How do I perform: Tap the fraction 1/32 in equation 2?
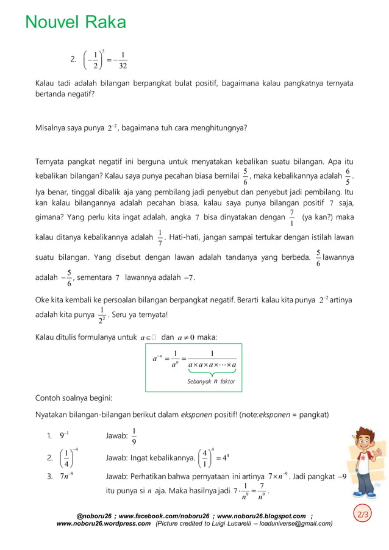tap(123, 60)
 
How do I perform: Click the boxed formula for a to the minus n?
tap(194, 366)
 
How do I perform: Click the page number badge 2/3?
tap(363, 515)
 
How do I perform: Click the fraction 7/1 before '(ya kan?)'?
tap(292, 218)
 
